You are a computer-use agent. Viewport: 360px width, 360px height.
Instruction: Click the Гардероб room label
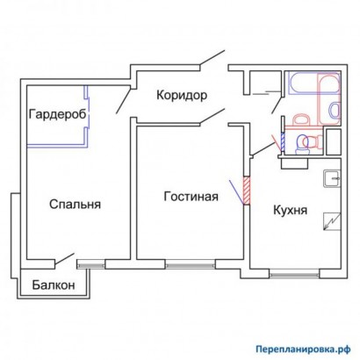pyautogui.click(x=55, y=115)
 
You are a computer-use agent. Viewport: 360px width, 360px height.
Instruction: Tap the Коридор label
pyautogui.click(x=182, y=94)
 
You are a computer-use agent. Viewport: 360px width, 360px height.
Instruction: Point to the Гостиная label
pyautogui.click(x=190, y=196)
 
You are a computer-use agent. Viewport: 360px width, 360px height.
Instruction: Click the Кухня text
pyautogui.click(x=289, y=211)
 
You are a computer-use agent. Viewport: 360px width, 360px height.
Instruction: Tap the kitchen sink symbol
pyautogui.click(x=332, y=179)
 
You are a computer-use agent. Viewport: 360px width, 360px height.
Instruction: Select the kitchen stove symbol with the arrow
pyautogui.click(x=331, y=221)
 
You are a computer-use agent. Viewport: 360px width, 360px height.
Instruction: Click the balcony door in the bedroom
pyautogui.click(x=61, y=260)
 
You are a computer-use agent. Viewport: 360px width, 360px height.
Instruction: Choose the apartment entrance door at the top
pyautogui.click(x=210, y=61)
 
